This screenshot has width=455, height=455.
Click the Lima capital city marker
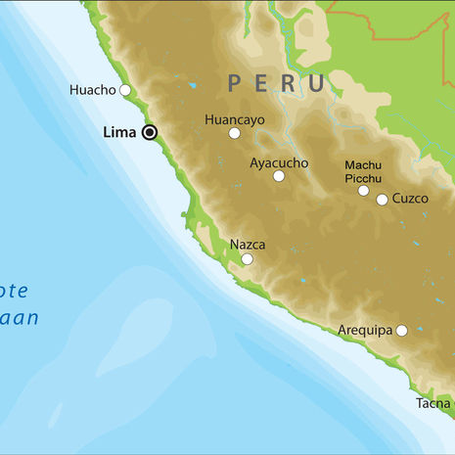point(150,132)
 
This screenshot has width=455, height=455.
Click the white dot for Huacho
point(125,90)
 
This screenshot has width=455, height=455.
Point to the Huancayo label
point(236,119)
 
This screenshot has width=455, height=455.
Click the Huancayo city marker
point(235,133)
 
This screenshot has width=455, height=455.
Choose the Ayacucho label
point(279,162)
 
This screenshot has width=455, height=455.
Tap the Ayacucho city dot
point(279,176)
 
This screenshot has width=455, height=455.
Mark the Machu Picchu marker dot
point(363,190)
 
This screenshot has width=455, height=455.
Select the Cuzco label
point(410,199)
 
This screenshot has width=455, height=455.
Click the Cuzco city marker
point(382,199)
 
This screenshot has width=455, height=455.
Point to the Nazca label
point(247,245)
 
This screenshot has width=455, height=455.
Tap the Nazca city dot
point(247,259)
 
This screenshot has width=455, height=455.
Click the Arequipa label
point(365,331)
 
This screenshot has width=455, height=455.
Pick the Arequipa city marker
point(401,331)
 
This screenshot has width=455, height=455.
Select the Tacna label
point(432,403)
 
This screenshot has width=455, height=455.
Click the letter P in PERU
point(236,84)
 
